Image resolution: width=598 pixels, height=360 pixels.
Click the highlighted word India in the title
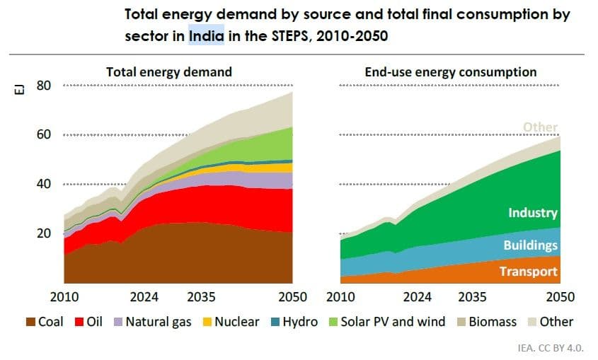pyautogui.click(x=206, y=34)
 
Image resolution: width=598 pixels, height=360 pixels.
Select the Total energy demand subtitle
pyautogui.click(x=169, y=72)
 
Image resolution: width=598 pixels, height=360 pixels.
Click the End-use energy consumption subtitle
pyautogui.click(x=450, y=72)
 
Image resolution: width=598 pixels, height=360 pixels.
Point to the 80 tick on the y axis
pyautogui.click(x=44, y=86)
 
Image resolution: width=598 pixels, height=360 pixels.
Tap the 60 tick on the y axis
pyautogui.click(x=44, y=134)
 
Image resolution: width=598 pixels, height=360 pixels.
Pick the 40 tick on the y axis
pyautogui.click(x=44, y=184)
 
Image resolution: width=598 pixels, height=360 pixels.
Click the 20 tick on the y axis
pyautogui.click(x=44, y=233)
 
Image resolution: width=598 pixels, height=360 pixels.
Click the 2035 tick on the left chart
pyautogui.click(x=202, y=296)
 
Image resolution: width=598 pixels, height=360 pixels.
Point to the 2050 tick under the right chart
pyautogui.click(x=559, y=296)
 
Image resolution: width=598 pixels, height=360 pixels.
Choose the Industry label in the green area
pyautogui.click(x=533, y=213)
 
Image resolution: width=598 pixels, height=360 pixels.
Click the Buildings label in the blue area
pyautogui.click(x=531, y=245)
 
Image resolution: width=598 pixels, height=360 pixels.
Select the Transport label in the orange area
pyautogui.click(x=529, y=272)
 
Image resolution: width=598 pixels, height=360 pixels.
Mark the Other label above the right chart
pyautogui.click(x=540, y=127)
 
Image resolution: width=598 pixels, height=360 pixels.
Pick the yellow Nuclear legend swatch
pyautogui.click(x=187, y=322)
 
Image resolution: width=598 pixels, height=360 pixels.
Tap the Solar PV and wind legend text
pyautogui.click(x=393, y=322)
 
